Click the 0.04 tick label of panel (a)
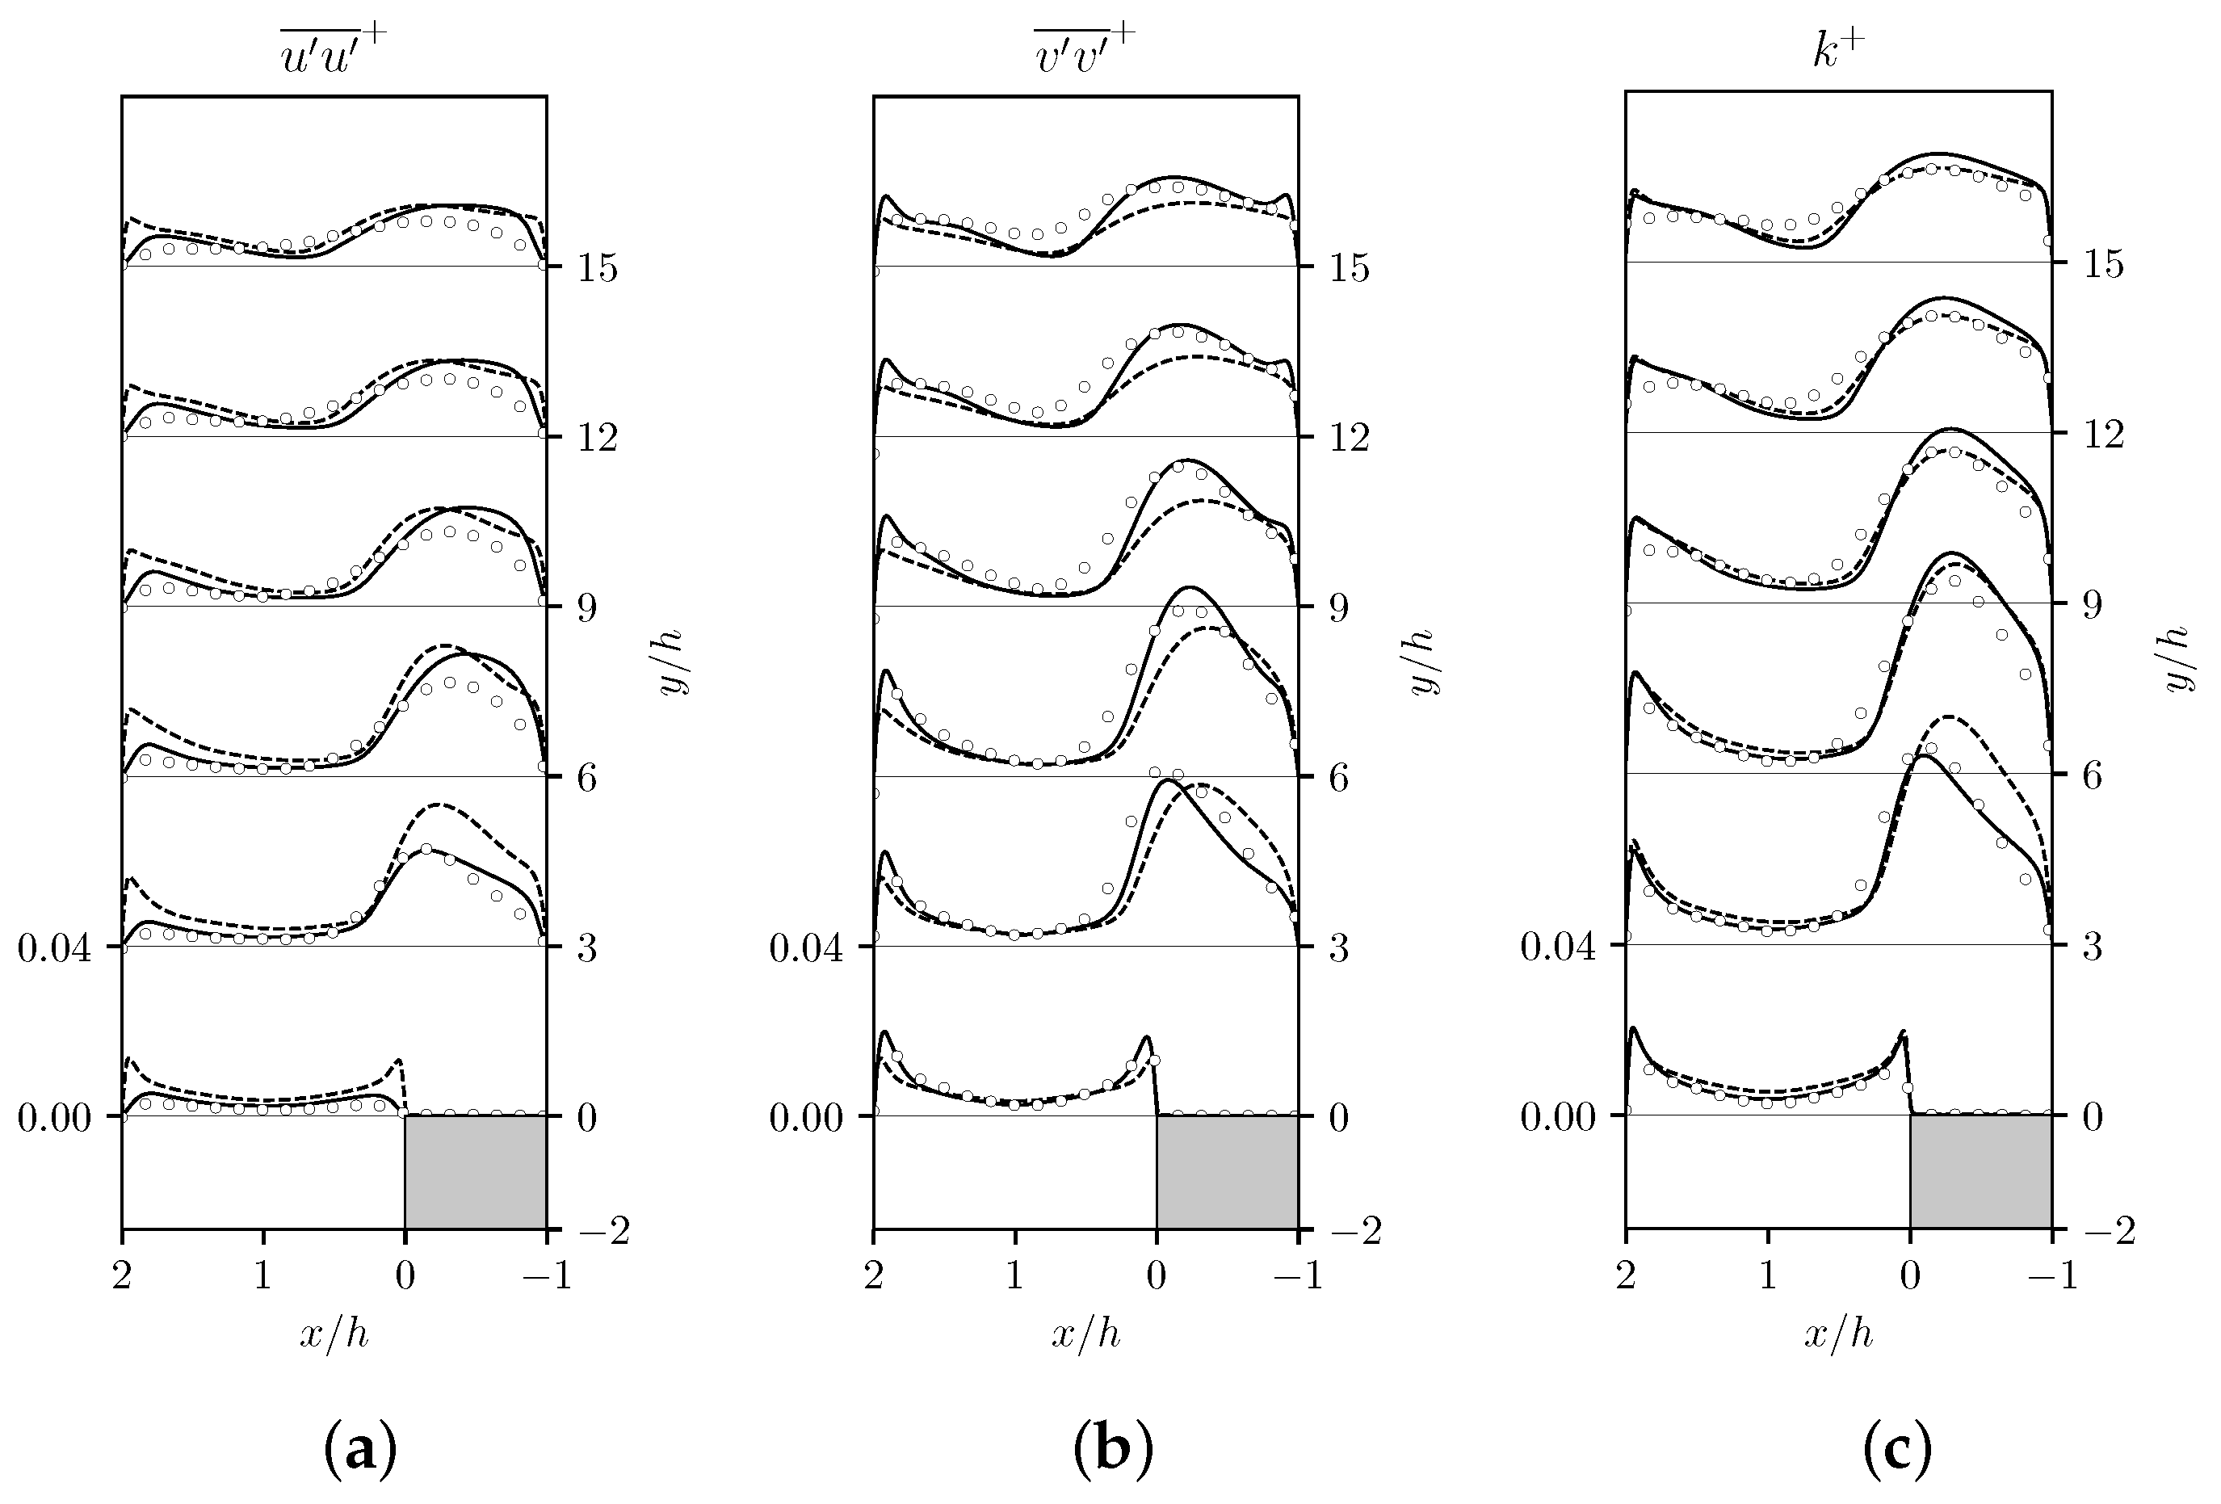coord(54,949)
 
